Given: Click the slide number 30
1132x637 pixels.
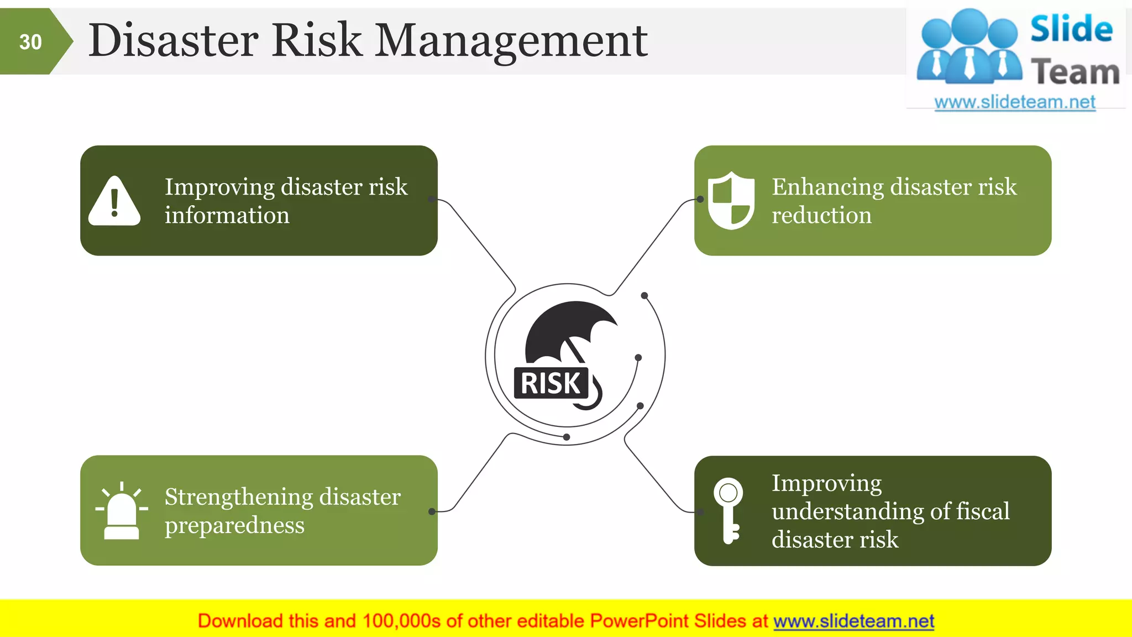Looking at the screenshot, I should (30, 42).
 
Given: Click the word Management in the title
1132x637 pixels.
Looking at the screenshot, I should (511, 41).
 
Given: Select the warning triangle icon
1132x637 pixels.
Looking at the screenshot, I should (114, 201).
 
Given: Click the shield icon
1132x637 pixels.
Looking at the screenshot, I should (731, 200).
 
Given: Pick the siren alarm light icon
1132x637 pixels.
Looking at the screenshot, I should (122, 511).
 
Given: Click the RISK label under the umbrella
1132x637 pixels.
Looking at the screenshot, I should (551, 383).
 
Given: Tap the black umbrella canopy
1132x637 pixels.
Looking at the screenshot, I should (569, 326).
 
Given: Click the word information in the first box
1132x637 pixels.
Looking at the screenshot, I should (227, 215).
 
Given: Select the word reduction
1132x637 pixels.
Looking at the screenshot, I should (821, 215).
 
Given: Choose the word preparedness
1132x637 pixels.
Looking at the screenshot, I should (234, 525).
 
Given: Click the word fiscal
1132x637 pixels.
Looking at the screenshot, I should (983, 511).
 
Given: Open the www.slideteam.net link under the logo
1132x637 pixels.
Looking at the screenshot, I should (1015, 102).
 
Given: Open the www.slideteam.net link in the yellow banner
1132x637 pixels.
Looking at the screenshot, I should (853, 622).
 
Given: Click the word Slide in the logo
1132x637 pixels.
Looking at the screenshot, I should (1071, 29).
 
